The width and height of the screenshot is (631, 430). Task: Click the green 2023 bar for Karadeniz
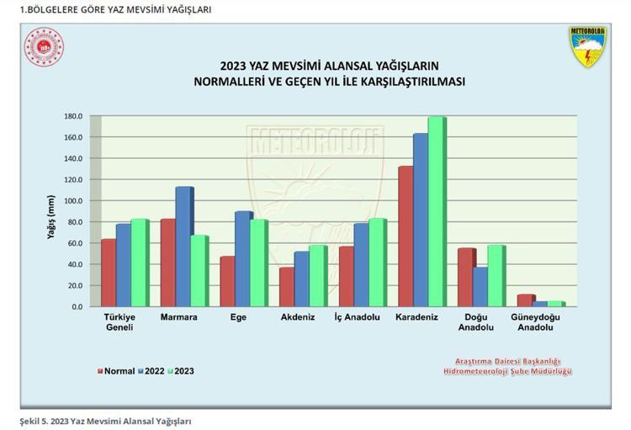coord(436,212)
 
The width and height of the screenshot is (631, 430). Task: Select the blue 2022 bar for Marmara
coord(183,247)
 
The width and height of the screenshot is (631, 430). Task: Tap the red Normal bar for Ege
coord(227,281)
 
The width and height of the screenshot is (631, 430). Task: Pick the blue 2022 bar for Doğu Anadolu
coord(480,287)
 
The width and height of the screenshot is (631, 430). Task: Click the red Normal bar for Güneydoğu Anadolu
coord(525,300)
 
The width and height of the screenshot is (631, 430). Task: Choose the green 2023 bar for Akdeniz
coord(317,276)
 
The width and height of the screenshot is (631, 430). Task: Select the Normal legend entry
coord(117,371)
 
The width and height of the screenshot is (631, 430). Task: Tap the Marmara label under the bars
coord(178,317)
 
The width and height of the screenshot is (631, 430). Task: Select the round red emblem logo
coord(44,48)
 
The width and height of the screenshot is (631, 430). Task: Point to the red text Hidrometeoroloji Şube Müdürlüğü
coord(512,371)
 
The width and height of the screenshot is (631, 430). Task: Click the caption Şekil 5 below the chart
coord(106,420)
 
